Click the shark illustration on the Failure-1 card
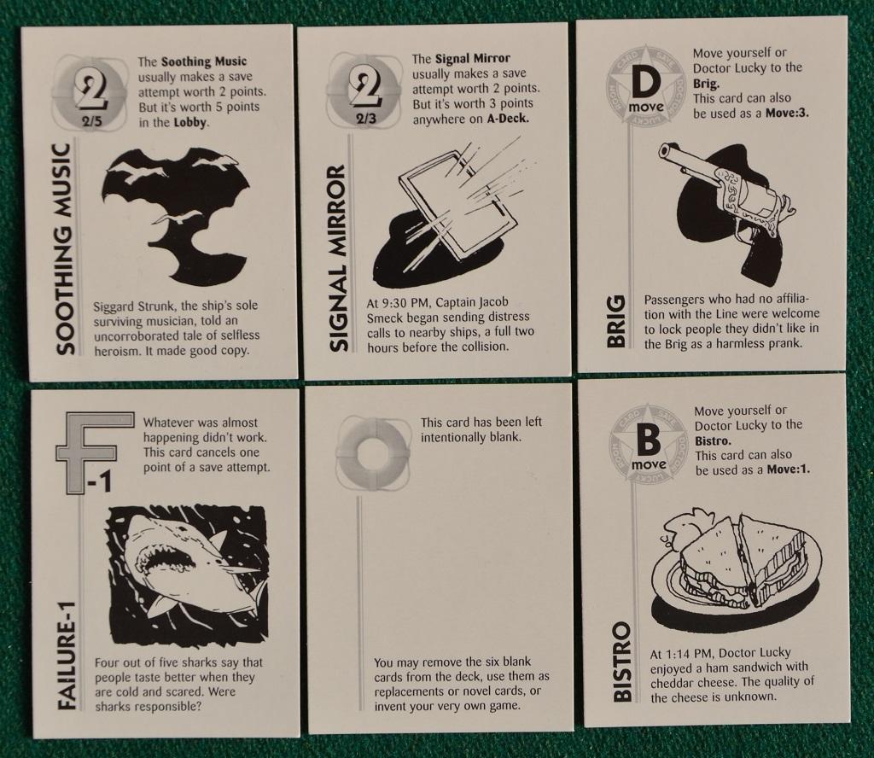(188, 575)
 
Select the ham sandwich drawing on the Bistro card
(736, 563)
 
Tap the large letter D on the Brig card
(647, 83)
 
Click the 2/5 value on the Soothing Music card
(92, 121)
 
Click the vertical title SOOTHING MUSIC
(65, 249)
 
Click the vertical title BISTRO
(622, 662)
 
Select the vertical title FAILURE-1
(67, 656)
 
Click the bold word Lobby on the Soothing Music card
(191, 122)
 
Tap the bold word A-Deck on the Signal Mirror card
(507, 119)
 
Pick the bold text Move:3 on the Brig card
(787, 114)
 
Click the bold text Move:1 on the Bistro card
(788, 469)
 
